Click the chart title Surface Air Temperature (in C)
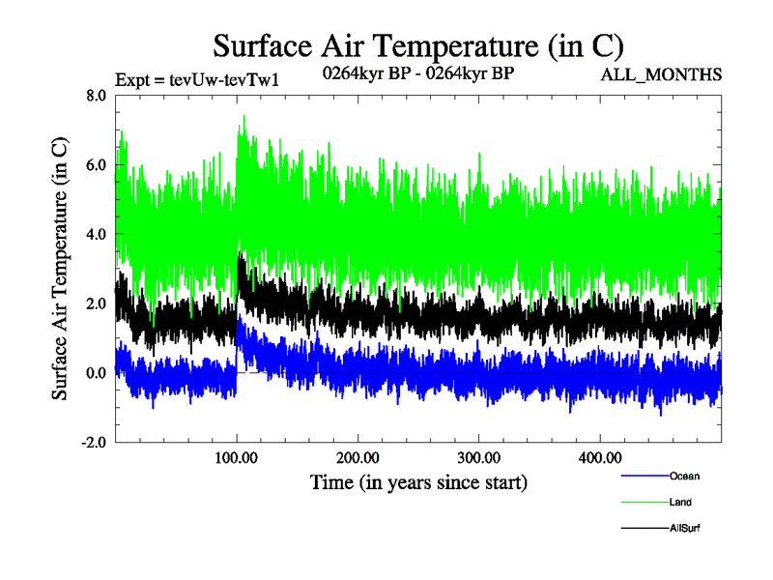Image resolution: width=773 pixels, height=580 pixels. (417, 45)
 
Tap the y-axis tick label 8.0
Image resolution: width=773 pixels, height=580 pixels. (96, 96)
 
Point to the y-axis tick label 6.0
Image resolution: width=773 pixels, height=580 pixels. (96, 165)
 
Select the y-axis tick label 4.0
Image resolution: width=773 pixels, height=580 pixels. (96, 235)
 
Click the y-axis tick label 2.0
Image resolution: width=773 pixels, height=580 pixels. (96, 304)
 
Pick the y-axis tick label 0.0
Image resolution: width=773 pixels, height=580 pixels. (96, 374)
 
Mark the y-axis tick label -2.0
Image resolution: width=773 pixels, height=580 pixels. (93, 443)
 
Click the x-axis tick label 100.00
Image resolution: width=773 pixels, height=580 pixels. (237, 457)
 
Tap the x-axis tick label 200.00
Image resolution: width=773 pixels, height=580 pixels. (358, 457)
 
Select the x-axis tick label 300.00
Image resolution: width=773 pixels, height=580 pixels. (478, 457)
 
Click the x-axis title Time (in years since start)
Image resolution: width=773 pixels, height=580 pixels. (417, 480)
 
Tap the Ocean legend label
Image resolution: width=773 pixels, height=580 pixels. (684, 476)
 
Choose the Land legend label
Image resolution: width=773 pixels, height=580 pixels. (680, 503)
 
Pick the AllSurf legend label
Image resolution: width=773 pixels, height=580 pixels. (685, 529)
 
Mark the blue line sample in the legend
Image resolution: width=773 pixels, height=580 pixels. (644, 476)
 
